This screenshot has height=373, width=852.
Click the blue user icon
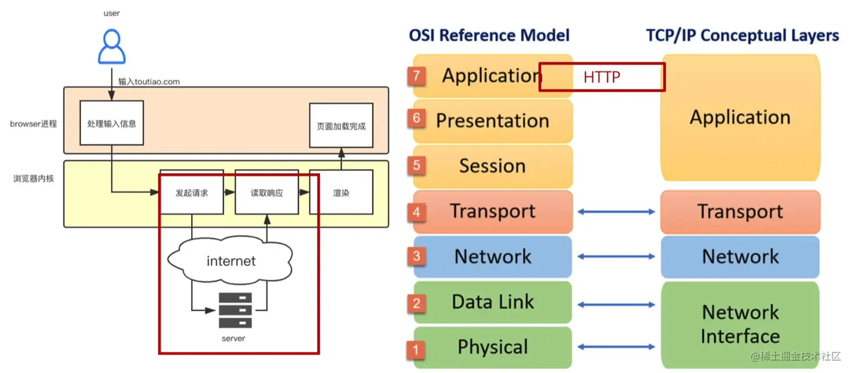(x=112, y=47)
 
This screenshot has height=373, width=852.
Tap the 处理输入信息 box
(x=112, y=123)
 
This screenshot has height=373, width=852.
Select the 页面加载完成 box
(x=341, y=126)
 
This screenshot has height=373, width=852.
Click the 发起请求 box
(x=192, y=193)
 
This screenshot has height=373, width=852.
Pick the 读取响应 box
(x=267, y=193)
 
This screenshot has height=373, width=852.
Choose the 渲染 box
(x=341, y=193)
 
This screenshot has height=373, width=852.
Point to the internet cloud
(x=231, y=261)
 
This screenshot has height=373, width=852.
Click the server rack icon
(x=235, y=310)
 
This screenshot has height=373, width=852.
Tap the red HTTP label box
(x=602, y=77)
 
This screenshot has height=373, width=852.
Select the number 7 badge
(x=416, y=76)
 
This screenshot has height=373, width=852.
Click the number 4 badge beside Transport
(x=416, y=213)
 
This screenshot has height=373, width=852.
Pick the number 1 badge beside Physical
(x=416, y=350)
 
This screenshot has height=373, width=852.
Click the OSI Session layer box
(x=492, y=167)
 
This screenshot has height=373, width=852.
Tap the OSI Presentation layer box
(x=492, y=121)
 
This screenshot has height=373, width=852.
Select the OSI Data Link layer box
(x=492, y=302)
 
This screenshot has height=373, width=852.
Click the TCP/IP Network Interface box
(x=740, y=324)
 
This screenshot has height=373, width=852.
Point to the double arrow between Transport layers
(x=616, y=212)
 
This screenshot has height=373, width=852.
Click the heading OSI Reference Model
(x=489, y=35)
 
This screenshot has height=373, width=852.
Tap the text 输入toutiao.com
(x=149, y=82)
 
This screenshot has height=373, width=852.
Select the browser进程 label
(x=33, y=124)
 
